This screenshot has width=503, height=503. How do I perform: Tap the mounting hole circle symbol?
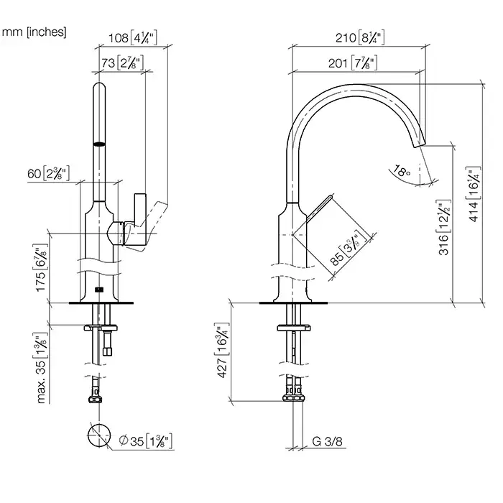pos(98,436)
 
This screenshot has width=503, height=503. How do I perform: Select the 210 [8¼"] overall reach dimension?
pos(359,37)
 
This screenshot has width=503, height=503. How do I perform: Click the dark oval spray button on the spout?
pos(99,144)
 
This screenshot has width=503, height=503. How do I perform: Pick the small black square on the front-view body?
pos(98,290)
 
